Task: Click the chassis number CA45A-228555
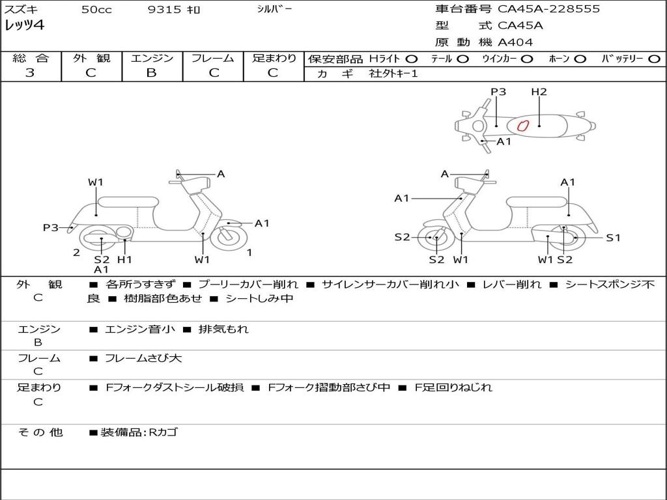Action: tap(548, 9)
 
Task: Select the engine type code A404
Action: tap(515, 42)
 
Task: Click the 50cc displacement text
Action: tap(96, 10)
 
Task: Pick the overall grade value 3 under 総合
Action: tap(29, 73)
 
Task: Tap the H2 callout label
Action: tap(539, 92)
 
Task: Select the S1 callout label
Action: tap(613, 238)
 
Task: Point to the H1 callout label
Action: tap(124, 260)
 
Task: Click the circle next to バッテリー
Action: tap(655, 59)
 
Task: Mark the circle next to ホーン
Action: tap(580, 59)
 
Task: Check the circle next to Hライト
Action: tap(412, 59)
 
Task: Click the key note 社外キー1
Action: tap(394, 74)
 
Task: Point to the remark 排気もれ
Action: tap(223, 329)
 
